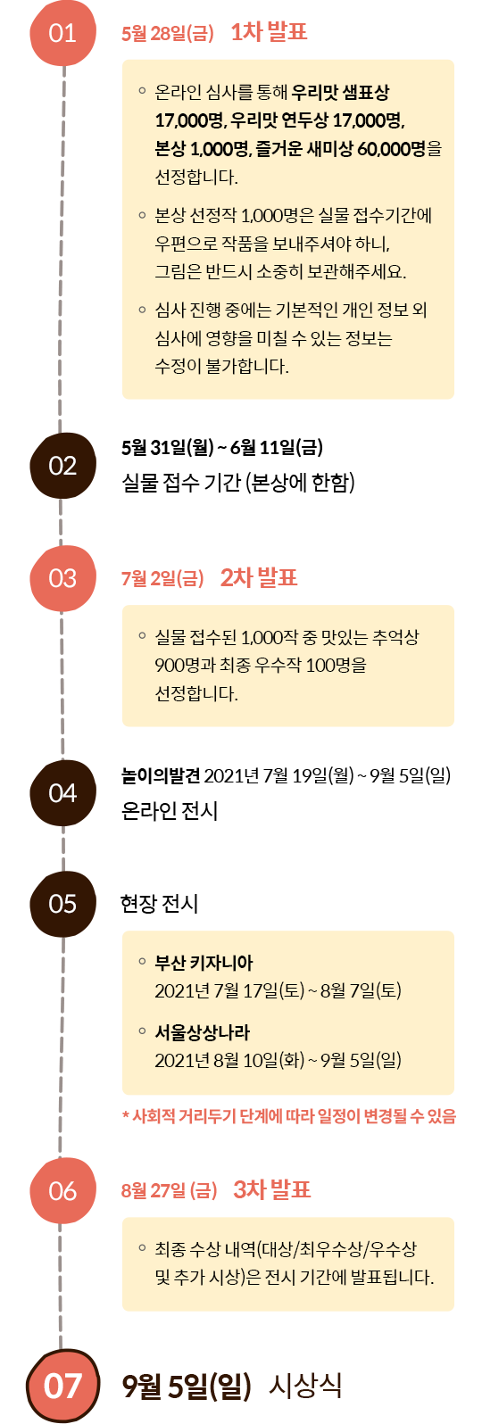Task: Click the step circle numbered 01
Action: (x=62, y=32)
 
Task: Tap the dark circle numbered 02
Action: (x=62, y=466)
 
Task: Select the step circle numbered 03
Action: (x=62, y=578)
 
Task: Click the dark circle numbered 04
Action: (x=62, y=792)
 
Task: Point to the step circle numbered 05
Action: (x=62, y=903)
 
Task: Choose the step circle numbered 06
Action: (x=62, y=1191)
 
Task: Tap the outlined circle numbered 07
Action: (x=62, y=1387)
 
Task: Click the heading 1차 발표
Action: (x=269, y=31)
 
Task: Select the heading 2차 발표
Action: (x=259, y=577)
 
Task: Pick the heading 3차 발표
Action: (x=272, y=1188)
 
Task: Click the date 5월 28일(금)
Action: (x=168, y=33)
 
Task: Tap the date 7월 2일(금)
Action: (x=162, y=578)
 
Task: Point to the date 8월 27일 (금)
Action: (x=169, y=1190)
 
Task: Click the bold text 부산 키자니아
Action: (x=204, y=963)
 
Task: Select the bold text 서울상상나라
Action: (x=203, y=1032)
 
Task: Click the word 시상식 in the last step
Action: (x=305, y=1386)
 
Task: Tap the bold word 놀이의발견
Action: (x=161, y=775)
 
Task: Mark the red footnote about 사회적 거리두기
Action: (x=289, y=1115)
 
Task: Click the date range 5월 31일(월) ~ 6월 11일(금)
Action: (x=222, y=448)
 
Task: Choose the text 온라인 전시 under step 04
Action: (x=170, y=810)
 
